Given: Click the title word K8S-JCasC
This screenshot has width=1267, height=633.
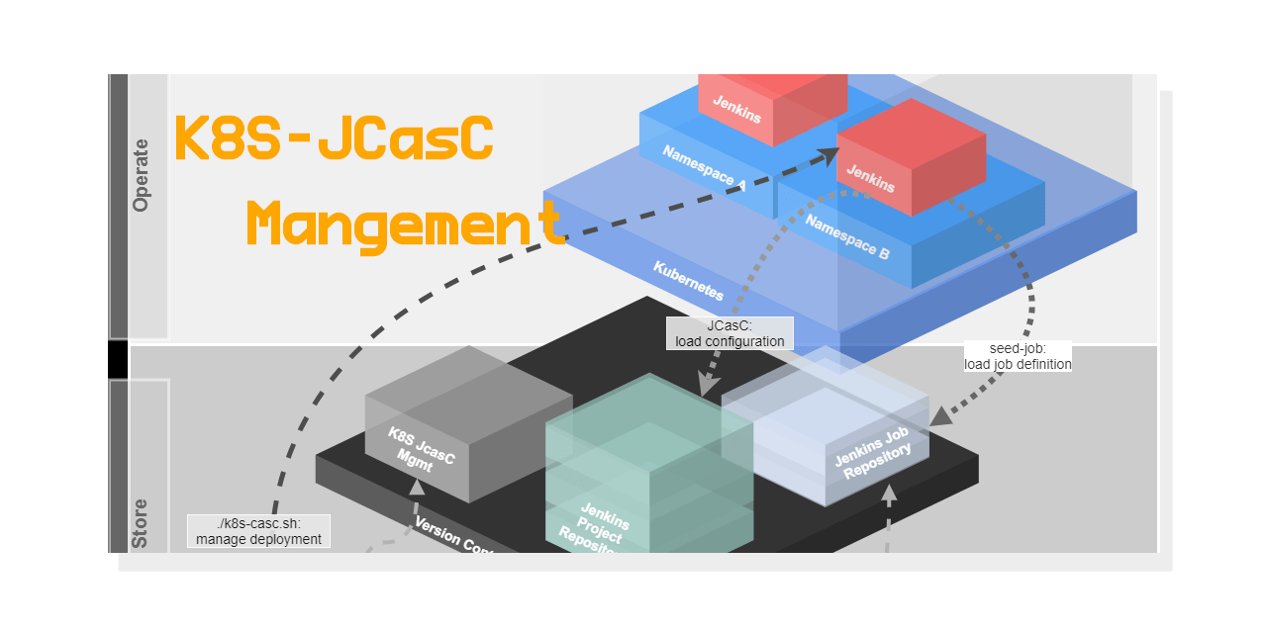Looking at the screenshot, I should (x=333, y=139).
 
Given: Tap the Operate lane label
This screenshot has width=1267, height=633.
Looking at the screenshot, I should (x=141, y=175).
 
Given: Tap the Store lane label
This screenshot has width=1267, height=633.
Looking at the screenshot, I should (x=141, y=523).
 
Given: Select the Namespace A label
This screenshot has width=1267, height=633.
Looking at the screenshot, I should (x=704, y=167).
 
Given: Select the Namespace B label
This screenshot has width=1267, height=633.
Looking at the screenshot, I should (x=846, y=237).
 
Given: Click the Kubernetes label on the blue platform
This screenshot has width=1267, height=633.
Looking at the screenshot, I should (x=688, y=281).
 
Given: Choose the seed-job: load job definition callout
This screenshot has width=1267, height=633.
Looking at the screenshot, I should (x=1018, y=356).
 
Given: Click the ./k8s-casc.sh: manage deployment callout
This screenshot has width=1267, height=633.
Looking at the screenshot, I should (x=258, y=531).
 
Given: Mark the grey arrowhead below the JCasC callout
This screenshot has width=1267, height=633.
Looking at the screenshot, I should (x=707, y=384).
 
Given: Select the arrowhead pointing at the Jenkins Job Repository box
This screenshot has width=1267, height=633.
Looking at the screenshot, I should (x=941, y=415).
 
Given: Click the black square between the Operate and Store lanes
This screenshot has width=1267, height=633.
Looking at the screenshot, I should (x=118, y=359).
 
